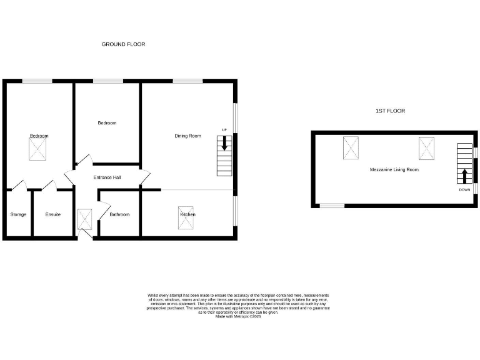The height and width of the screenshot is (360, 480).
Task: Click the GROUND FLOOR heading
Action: coord(124,44)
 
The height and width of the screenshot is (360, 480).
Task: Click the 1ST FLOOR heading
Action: coord(390,111)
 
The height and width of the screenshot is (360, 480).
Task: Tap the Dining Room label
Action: coord(187,136)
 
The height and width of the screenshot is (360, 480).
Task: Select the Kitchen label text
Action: coord(188,214)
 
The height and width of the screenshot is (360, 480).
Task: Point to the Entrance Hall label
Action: coord(107,177)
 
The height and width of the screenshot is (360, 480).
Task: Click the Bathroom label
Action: coord(119,214)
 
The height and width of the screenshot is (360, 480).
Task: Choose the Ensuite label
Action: coord(53,214)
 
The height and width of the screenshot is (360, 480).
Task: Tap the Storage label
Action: coord(18,214)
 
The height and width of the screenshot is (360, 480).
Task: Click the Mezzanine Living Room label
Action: coord(394,169)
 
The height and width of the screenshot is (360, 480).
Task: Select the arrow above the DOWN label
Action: coord(464,176)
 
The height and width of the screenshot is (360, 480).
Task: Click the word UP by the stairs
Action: coord(224,130)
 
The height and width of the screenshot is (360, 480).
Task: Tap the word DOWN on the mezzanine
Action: coord(464,189)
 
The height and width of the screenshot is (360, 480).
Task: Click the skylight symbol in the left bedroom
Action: coord(38,148)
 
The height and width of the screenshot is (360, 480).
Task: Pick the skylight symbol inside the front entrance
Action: coord(85,219)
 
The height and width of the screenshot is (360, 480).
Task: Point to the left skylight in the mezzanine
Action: coord(351,147)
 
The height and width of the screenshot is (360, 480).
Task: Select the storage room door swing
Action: coord(19,184)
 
